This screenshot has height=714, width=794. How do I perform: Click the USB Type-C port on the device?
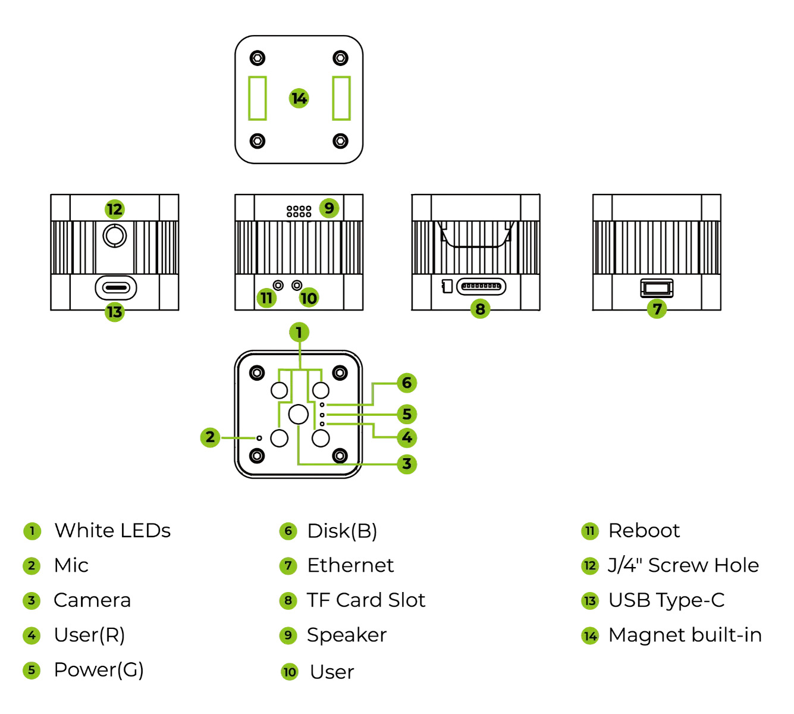[115, 288]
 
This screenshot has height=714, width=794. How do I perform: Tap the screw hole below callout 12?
[114, 236]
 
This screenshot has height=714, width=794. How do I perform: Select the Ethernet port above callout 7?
[657, 288]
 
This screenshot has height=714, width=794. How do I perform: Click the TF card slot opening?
[481, 286]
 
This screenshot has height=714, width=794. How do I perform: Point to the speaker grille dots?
[299, 211]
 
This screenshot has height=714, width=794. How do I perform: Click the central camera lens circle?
[299, 414]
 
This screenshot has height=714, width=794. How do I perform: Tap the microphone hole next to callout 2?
[259, 438]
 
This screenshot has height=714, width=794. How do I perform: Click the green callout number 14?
[299, 98]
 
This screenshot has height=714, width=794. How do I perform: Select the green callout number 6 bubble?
[407, 383]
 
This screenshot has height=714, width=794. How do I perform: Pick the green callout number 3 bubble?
[407, 464]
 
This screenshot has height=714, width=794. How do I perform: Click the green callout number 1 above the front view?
[299, 332]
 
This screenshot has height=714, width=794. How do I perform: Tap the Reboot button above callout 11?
[278, 285]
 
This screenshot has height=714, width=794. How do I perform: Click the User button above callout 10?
[297, 285]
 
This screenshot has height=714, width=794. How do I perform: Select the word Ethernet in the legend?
[350, 565]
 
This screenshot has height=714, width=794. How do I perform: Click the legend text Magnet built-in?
[685, 635]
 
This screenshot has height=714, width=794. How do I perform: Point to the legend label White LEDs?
[112, 531]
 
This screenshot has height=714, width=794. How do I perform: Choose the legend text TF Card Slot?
[366, 600]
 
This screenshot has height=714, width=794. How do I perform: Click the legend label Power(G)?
[99, 670]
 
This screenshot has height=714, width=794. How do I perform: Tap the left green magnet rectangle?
[258, 98]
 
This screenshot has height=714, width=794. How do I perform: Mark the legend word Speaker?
[347, 635]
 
